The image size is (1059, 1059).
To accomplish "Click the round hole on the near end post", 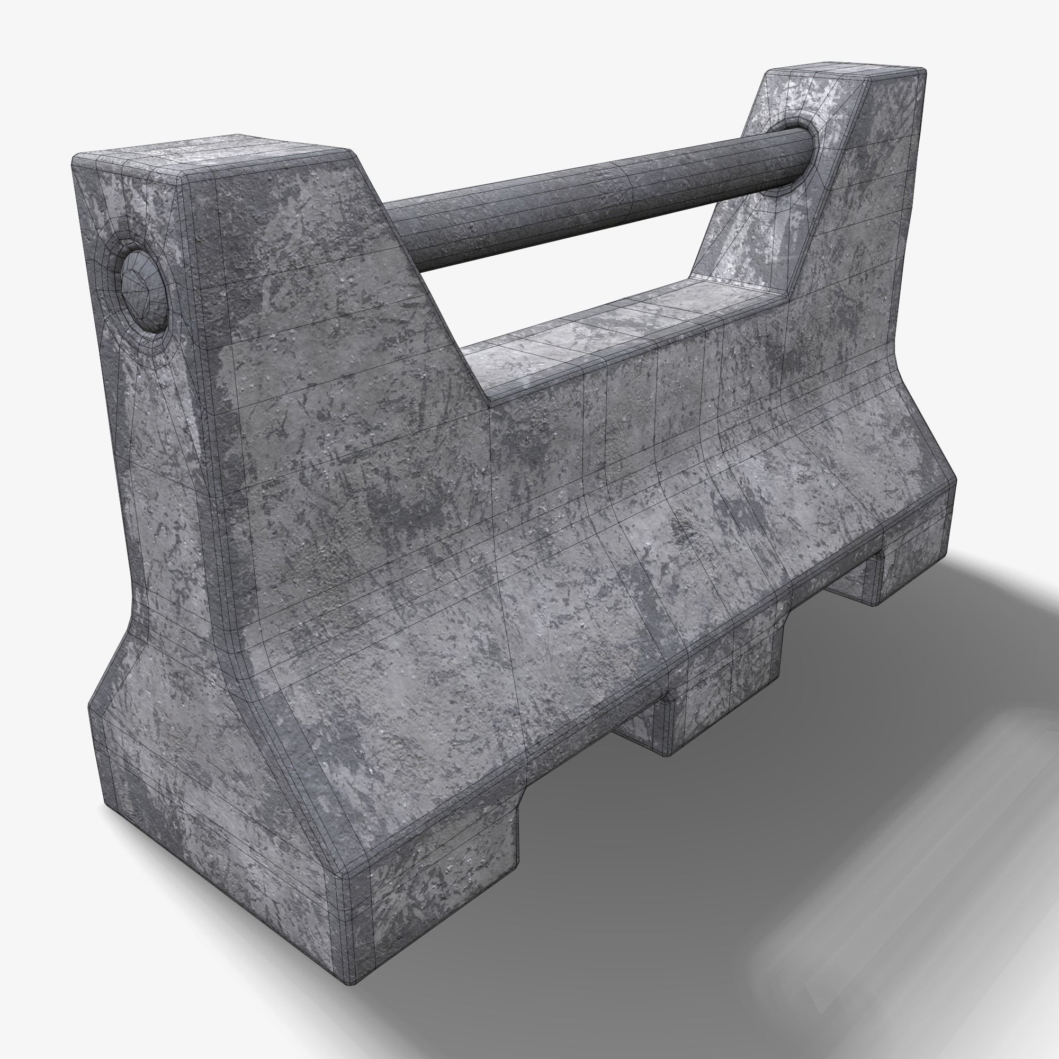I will (143, 291).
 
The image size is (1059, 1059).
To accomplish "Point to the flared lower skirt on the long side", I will (548, 658).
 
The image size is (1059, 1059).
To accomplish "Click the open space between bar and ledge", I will (576, 285).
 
